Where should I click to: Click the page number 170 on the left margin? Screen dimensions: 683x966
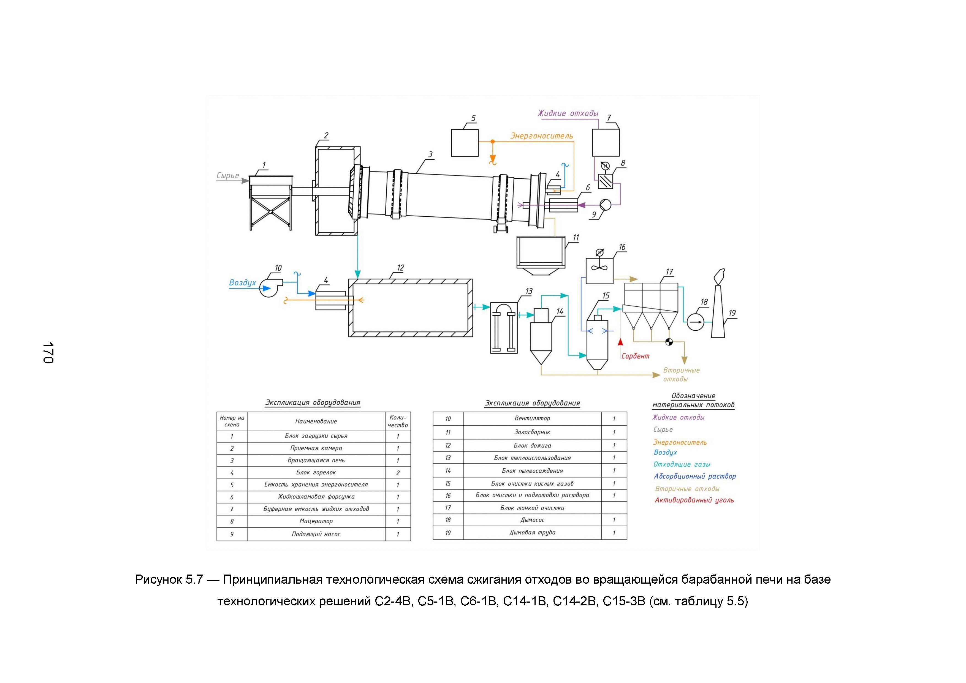coord(48,352)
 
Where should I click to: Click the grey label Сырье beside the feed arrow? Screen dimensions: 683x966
coord(228,176)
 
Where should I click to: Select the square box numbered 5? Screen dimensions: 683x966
coord(465,143)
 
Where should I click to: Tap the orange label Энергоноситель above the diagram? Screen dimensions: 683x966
coord(541,136)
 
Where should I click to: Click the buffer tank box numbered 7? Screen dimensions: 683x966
coord(606,143)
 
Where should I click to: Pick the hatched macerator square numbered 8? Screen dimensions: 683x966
coord(606,181)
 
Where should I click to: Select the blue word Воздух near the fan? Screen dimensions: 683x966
coord(242,283)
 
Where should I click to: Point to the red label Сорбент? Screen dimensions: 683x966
coord(635,356)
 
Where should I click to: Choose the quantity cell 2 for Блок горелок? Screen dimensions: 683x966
coord(398,473)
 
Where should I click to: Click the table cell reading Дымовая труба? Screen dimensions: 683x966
coord(532,532)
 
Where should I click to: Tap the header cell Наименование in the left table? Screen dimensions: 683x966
coord(316,421)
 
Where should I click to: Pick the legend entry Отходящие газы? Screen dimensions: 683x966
coord(682,464)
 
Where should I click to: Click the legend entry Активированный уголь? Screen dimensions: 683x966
coord(694,500)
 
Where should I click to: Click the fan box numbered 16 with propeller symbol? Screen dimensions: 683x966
coord(599,270)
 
